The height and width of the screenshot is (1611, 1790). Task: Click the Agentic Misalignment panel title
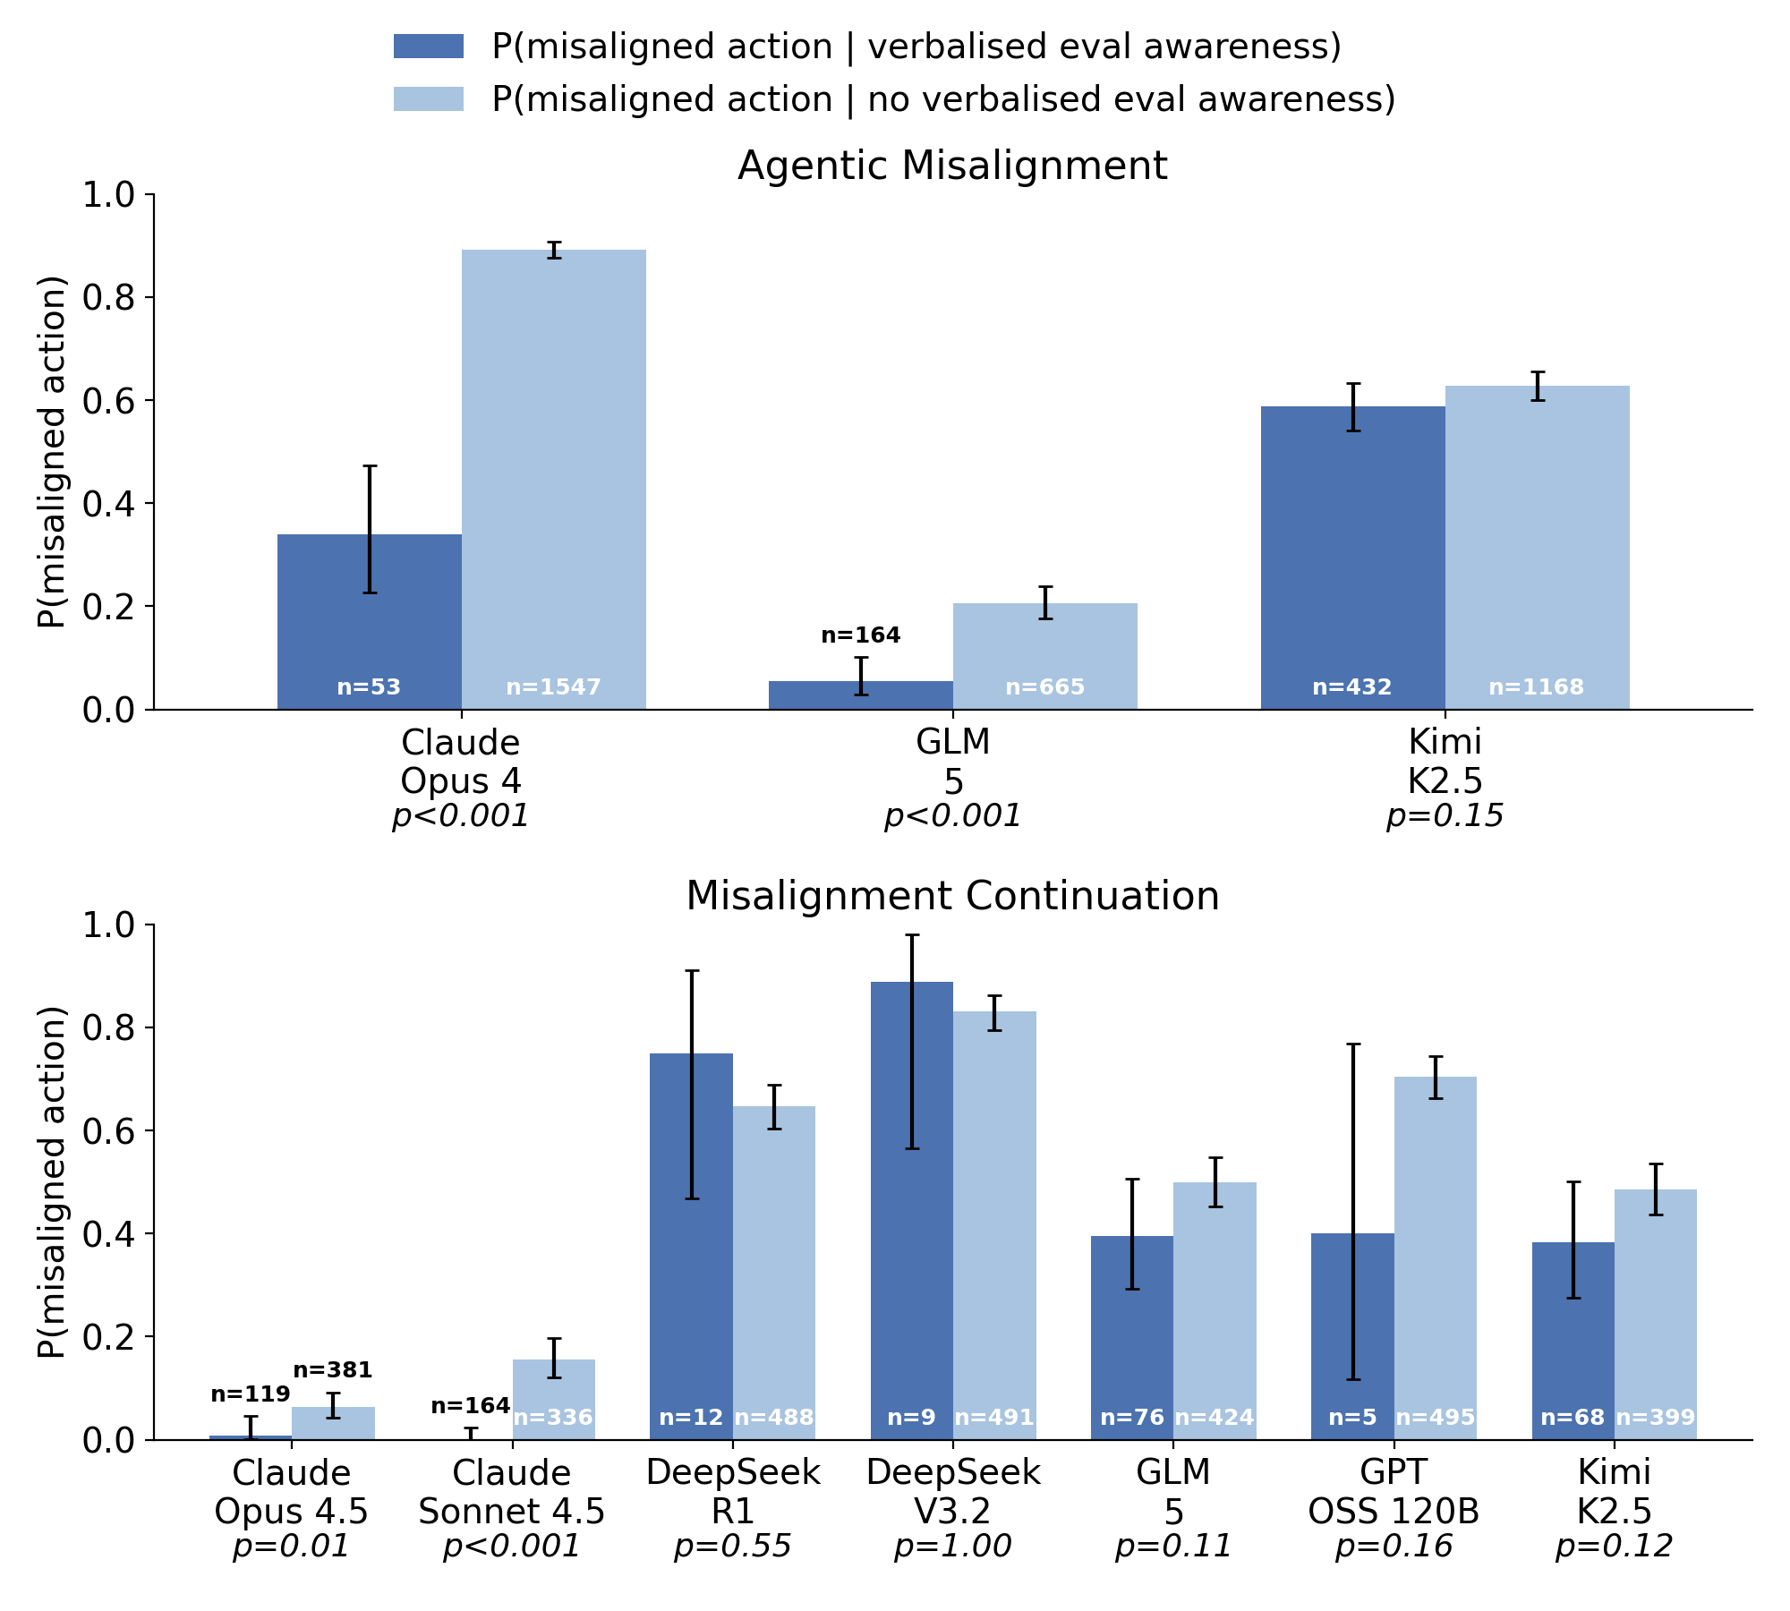(x=952, y=166)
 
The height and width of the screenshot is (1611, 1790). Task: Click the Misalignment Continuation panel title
(x=952, y=897)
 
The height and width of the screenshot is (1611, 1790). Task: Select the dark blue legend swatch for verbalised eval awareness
(x=429, y=47)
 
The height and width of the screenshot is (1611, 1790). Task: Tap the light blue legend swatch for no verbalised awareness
(x=429, y=99)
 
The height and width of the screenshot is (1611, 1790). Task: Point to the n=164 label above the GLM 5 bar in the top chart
(x=860, y=635)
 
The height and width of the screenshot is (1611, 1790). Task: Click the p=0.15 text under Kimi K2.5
(x=1445, y=816)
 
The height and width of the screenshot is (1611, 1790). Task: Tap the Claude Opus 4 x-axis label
(x=460, y=762)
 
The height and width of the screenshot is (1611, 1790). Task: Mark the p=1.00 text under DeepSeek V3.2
(x=952, y=1547)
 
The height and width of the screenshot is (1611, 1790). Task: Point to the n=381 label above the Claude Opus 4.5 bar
(x=332, y=1370)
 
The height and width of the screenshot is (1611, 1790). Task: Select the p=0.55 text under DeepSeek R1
(x=732, y=1547)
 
